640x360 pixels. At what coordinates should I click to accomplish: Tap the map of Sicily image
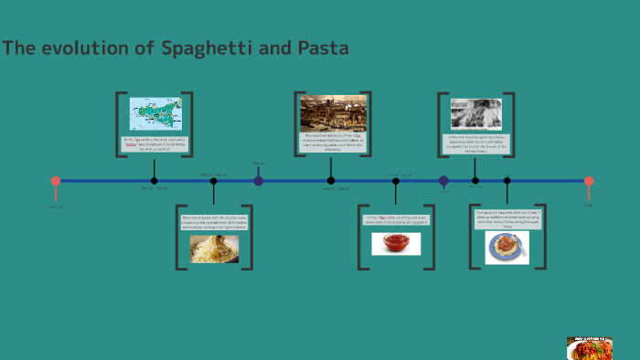pyautogui.click(x=155, y=114)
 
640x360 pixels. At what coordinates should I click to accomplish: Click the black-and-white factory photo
pyautogui.click(x=475, y=114)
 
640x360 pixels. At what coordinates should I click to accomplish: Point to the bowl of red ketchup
pyautogui.click(x=396, y=243)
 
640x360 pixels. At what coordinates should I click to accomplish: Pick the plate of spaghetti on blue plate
pyautogui.click(x=507, y=247)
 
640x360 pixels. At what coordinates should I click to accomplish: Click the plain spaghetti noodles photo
pyautogui.click(x=214, y=249)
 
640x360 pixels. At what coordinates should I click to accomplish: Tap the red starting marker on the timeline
pyautogui.click(x=56, y=181)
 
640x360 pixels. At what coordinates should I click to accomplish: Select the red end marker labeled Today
pyautogui.click(x=589, y=181)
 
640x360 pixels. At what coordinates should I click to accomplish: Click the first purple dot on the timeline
pyautogui.click(x=259, y=181)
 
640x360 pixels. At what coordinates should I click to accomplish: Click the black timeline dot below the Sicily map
pyautogui.click(x=155, y=181)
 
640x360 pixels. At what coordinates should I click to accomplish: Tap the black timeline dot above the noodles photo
pyautogui.click(x=214, y=181)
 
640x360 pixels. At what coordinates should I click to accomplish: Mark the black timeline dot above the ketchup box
pyautogui.click(x=396, y=181)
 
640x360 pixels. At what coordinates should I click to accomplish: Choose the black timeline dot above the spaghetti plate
pyautogui.click(x=507, y=181)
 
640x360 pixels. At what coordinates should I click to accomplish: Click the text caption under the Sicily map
pyautogui.click(x=155, y=143)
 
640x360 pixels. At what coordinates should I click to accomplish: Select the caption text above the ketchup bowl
pyautogui.click(x=396, y=220)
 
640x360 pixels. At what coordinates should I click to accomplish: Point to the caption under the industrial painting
pyautogui.click(x=334, y=141)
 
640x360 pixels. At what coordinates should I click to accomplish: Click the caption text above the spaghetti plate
pyautogui.click(x=508, y=218)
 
